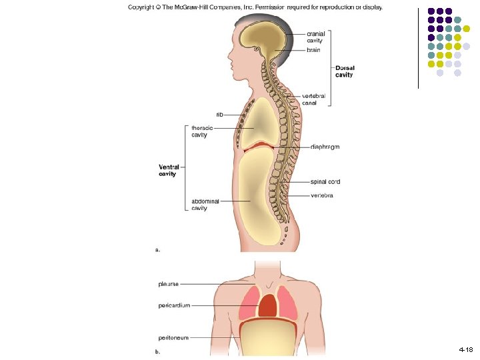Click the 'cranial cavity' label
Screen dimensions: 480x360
click(x=315, y=37)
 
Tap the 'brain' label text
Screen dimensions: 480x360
click(x=313, y=51)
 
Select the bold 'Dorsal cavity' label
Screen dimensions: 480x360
click(x=345, y=71)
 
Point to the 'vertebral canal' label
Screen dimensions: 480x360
click(x=314, y=99)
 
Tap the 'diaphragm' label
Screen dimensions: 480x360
click(x=325, y=147)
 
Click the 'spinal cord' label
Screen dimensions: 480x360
click(x=325, y=181)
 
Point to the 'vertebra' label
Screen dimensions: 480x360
click(x=322, y=195)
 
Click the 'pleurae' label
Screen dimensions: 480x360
click(x=168, y=283)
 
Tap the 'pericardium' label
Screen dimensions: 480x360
click(x=174, y=305)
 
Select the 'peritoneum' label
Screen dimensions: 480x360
click(x=173, y=337)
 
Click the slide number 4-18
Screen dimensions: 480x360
click(x=465, y=349)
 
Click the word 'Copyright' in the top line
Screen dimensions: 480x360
click(x=143, y=8)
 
